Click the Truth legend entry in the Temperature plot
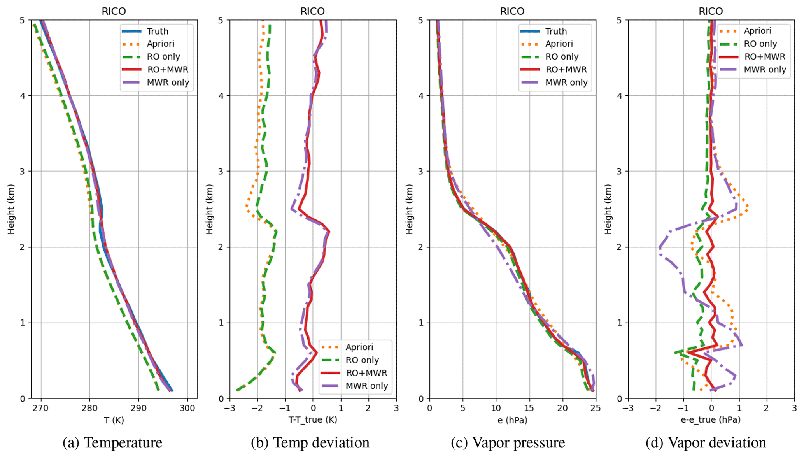point(157,31)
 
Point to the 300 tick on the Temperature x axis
point(187,408)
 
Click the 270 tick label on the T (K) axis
point(40,408)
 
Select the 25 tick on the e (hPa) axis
point(596,408)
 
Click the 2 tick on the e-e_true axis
point(766,408)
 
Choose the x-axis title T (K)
point(114,420)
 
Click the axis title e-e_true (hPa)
point(710,420)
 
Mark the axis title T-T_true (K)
point(312,420)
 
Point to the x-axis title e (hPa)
point(512,420)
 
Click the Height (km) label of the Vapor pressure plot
point(409,209)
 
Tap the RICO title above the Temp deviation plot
point(312,11)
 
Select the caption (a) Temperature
point(112,443)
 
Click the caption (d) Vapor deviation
point(706,443)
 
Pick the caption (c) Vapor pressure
point(508,443)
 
